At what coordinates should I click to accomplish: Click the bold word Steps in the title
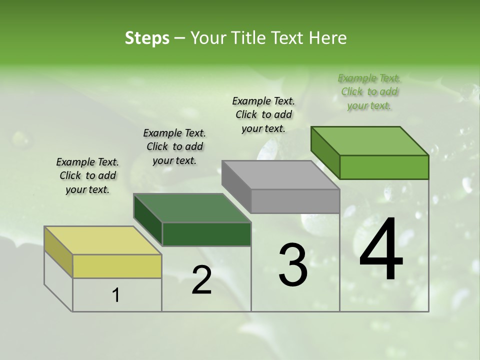tap(147, 38)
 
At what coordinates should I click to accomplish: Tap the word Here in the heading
tap(328, 38)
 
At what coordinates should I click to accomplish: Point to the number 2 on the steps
tap(201, 280)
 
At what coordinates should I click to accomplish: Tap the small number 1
tap(116, 295)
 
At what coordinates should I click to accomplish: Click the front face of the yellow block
tap(117, 266)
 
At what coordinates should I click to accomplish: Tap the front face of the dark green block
tap(206, 234)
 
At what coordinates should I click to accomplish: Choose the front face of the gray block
tap(295, 201)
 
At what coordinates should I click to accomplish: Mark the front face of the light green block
tap(384, 167)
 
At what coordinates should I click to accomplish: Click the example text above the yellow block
tap(87, 175)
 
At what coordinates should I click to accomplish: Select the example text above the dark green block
tap(174, 146)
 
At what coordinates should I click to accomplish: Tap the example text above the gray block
tap(263, 114)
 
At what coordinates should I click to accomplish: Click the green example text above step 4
tap(369, 91)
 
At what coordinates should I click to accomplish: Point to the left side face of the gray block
tap(236, 186)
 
